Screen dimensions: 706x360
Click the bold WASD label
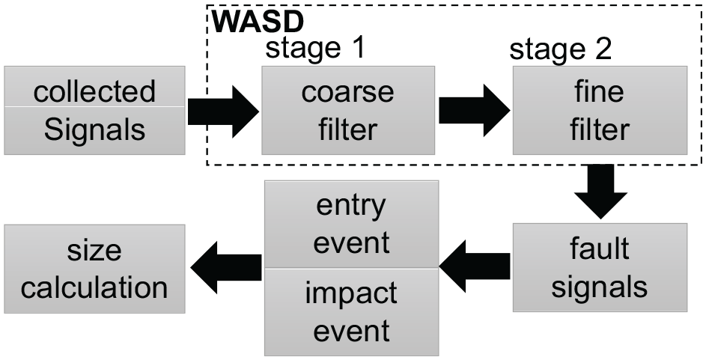pyautogui.click(x=258, y=21)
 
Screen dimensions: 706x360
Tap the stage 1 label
pyautogui.click(x=314, y=48)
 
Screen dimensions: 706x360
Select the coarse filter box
pyautogui.click(x=348, y=110)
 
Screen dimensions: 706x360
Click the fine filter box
pyautogui.click(x=600, y=110)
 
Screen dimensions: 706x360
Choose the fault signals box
pyautogui.click(x=600, y=267)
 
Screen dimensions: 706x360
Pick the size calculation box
pyautogui.click(x=94, y=269)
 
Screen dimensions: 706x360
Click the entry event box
pyautogui.click(x=351, y=224)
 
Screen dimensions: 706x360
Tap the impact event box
pyautogui.click(x=351, y=312)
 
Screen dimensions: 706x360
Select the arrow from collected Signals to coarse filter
pyautogui.click(x=223, y=112)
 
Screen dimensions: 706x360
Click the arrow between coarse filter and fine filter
pyautogui.click(x=475, y=111)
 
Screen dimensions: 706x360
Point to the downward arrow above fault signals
pyautogui.click(x=600, y=192)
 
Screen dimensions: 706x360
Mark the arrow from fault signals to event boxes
pyautogui.click(x=475, y=266)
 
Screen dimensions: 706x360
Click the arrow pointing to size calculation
pyautogui.click(x=226, y=267)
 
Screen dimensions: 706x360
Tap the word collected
pyautogui.click(x=94, y=91)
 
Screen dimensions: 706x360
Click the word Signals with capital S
pyautogui.click(x=94, y=130)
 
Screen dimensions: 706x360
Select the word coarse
pyautogui.click(x=347, y=92)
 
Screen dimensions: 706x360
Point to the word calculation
pyautogui.click(x=94, y=287)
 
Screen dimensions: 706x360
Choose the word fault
pyautogui.click(x=599, y=248)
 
